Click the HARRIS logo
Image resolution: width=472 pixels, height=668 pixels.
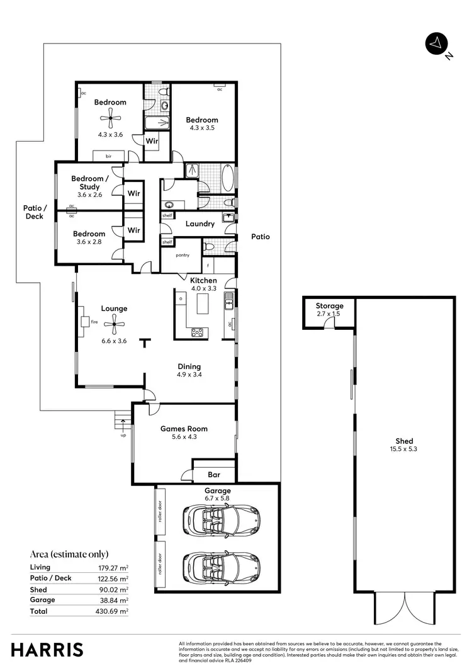(x=47, y=649)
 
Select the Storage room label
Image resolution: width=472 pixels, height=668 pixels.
(x=329, y=306)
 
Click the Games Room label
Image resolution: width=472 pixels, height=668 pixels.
(x=184, y=429)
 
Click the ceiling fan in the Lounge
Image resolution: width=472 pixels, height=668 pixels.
(x=114, y=327)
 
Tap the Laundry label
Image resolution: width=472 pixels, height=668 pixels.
(x=200, y=224)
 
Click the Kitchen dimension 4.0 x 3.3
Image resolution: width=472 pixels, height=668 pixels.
(x=203, y=288)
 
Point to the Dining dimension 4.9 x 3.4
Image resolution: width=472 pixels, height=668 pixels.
(x=189, y=375)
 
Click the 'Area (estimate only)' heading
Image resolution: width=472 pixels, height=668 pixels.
(x=69, y=554)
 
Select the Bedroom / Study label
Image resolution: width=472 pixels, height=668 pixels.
(x=89, y=183)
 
